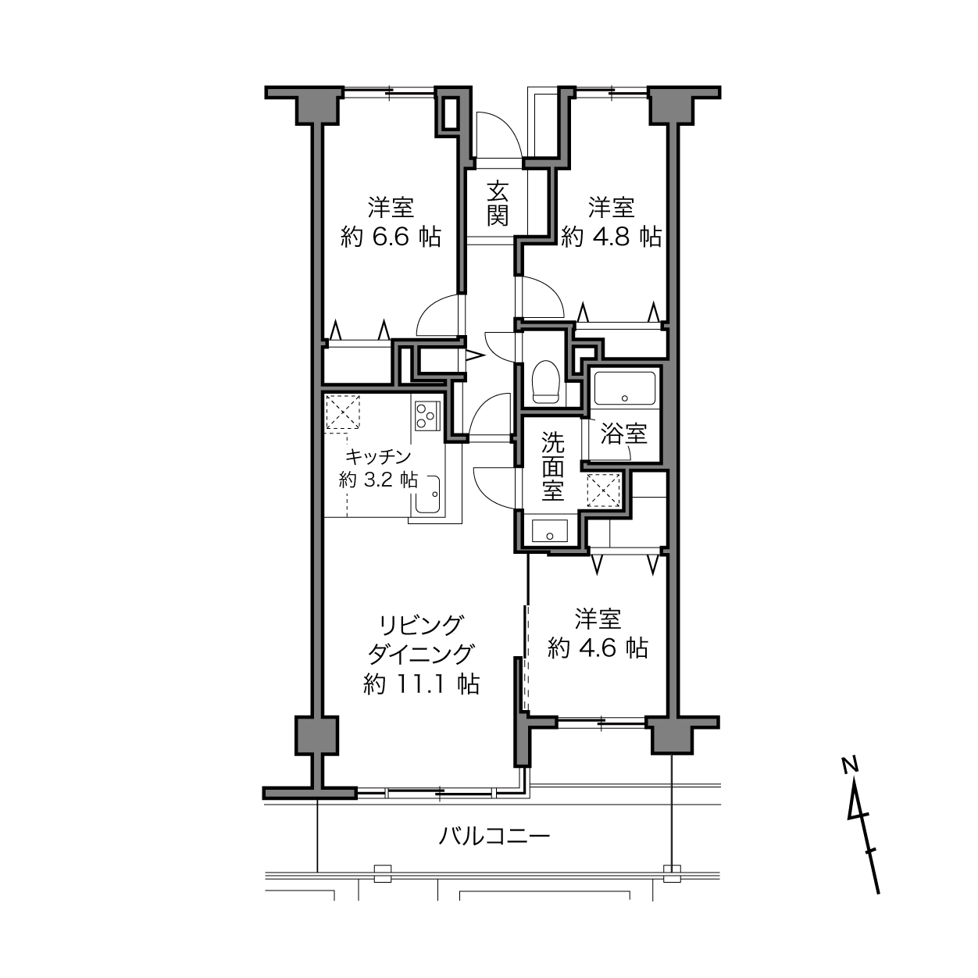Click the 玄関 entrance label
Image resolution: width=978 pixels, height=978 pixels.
click(498, 203)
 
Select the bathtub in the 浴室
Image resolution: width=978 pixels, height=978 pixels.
click(625, 387)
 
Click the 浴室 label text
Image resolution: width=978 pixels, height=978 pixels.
click(624, 434)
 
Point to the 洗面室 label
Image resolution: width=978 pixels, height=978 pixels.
click(553, 467)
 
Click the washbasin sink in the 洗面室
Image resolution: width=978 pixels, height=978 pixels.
click(551, 531)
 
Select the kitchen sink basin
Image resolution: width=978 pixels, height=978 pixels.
click(427, 494)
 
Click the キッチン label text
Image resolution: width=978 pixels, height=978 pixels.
click(378, 457)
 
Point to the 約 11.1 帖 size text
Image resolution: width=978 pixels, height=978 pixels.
click(421, 685)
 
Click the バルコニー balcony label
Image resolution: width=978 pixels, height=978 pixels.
click(494, 837)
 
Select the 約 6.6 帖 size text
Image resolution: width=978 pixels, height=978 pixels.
click(391, 237)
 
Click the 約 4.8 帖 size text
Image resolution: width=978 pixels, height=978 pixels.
click(611, 237)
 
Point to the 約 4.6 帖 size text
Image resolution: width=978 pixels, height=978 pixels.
click(598, 648)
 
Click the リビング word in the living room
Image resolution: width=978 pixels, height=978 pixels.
click(421, 625)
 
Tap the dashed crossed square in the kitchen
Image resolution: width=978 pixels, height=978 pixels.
click(343, 412)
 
